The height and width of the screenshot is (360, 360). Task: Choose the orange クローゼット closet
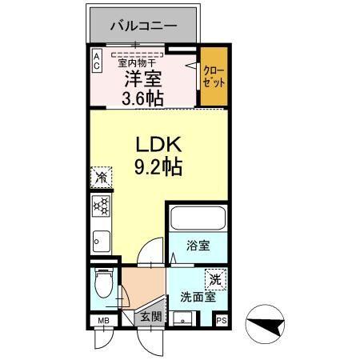212,79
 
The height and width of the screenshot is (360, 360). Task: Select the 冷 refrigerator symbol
102,177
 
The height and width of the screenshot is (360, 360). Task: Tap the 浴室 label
198,246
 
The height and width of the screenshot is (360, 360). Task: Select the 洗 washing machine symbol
214,279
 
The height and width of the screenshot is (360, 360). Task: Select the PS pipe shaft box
222,322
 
